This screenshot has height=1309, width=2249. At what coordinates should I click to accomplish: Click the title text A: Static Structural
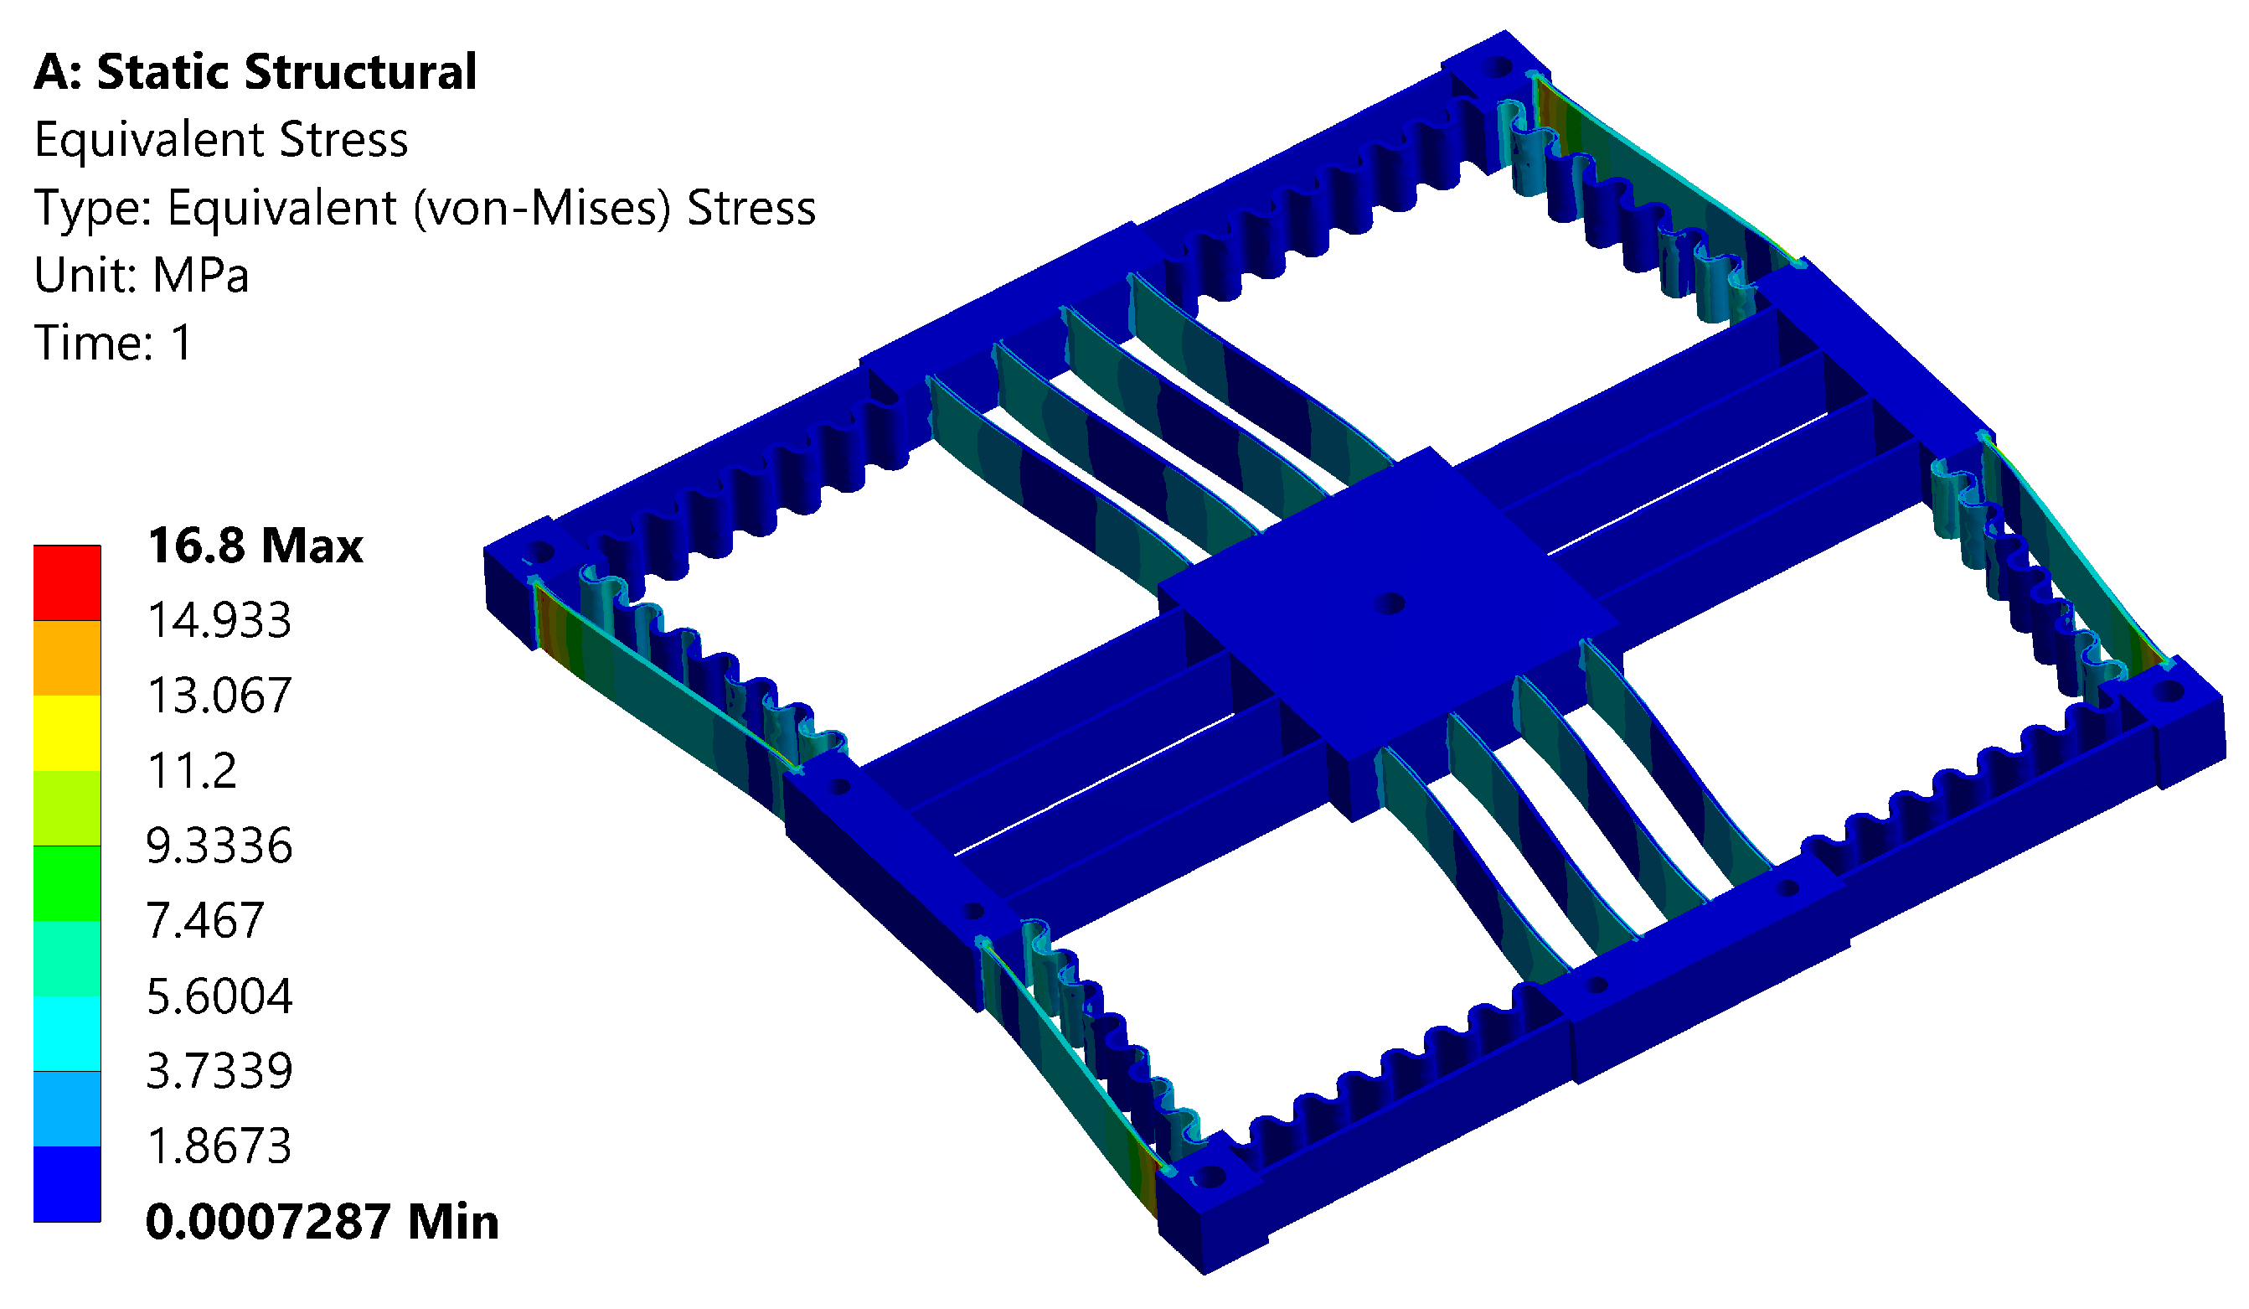pyautogui.click(x=255, y=71)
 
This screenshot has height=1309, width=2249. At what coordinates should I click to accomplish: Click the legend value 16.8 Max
pyautogui.click(x=255, y=546)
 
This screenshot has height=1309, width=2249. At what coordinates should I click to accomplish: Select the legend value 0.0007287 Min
pyautogui.click(x=322, y=1222)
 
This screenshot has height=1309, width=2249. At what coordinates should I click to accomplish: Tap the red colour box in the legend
pyautogui.click(x=67, y=583)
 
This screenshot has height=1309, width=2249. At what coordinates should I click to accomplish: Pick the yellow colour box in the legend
pyautogui.click(x=67, y=733)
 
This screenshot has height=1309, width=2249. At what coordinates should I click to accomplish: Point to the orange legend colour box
pyautogui.click(x=67, y=658)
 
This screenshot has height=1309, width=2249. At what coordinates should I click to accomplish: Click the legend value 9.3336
pyautogui.click(x=219, y=846)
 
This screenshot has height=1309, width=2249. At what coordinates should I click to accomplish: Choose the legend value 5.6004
pyautogui.click(x=219, y=996)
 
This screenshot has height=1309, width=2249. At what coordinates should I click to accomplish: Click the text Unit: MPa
pyautogui.click(x=141, y=275)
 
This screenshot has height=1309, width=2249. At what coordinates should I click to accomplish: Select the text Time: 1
pyautogui.click(x=112, y=343)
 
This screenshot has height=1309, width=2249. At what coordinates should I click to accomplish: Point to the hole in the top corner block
pyautogui.click(x=1500, y=67)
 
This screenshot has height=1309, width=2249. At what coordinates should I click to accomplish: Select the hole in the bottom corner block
pyautogui.click(x=1210, y=1177)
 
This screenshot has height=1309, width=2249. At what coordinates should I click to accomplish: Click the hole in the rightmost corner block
pyautogui.click(x=2169, y=691)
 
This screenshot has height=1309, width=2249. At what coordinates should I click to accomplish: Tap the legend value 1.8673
pyautogui.click(x=219, y=1146)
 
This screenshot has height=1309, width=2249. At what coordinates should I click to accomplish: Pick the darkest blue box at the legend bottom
pyautogui.click(x=67, y=1184)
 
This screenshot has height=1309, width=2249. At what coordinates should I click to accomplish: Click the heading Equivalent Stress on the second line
pyautogui.click(x=220, y=140)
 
